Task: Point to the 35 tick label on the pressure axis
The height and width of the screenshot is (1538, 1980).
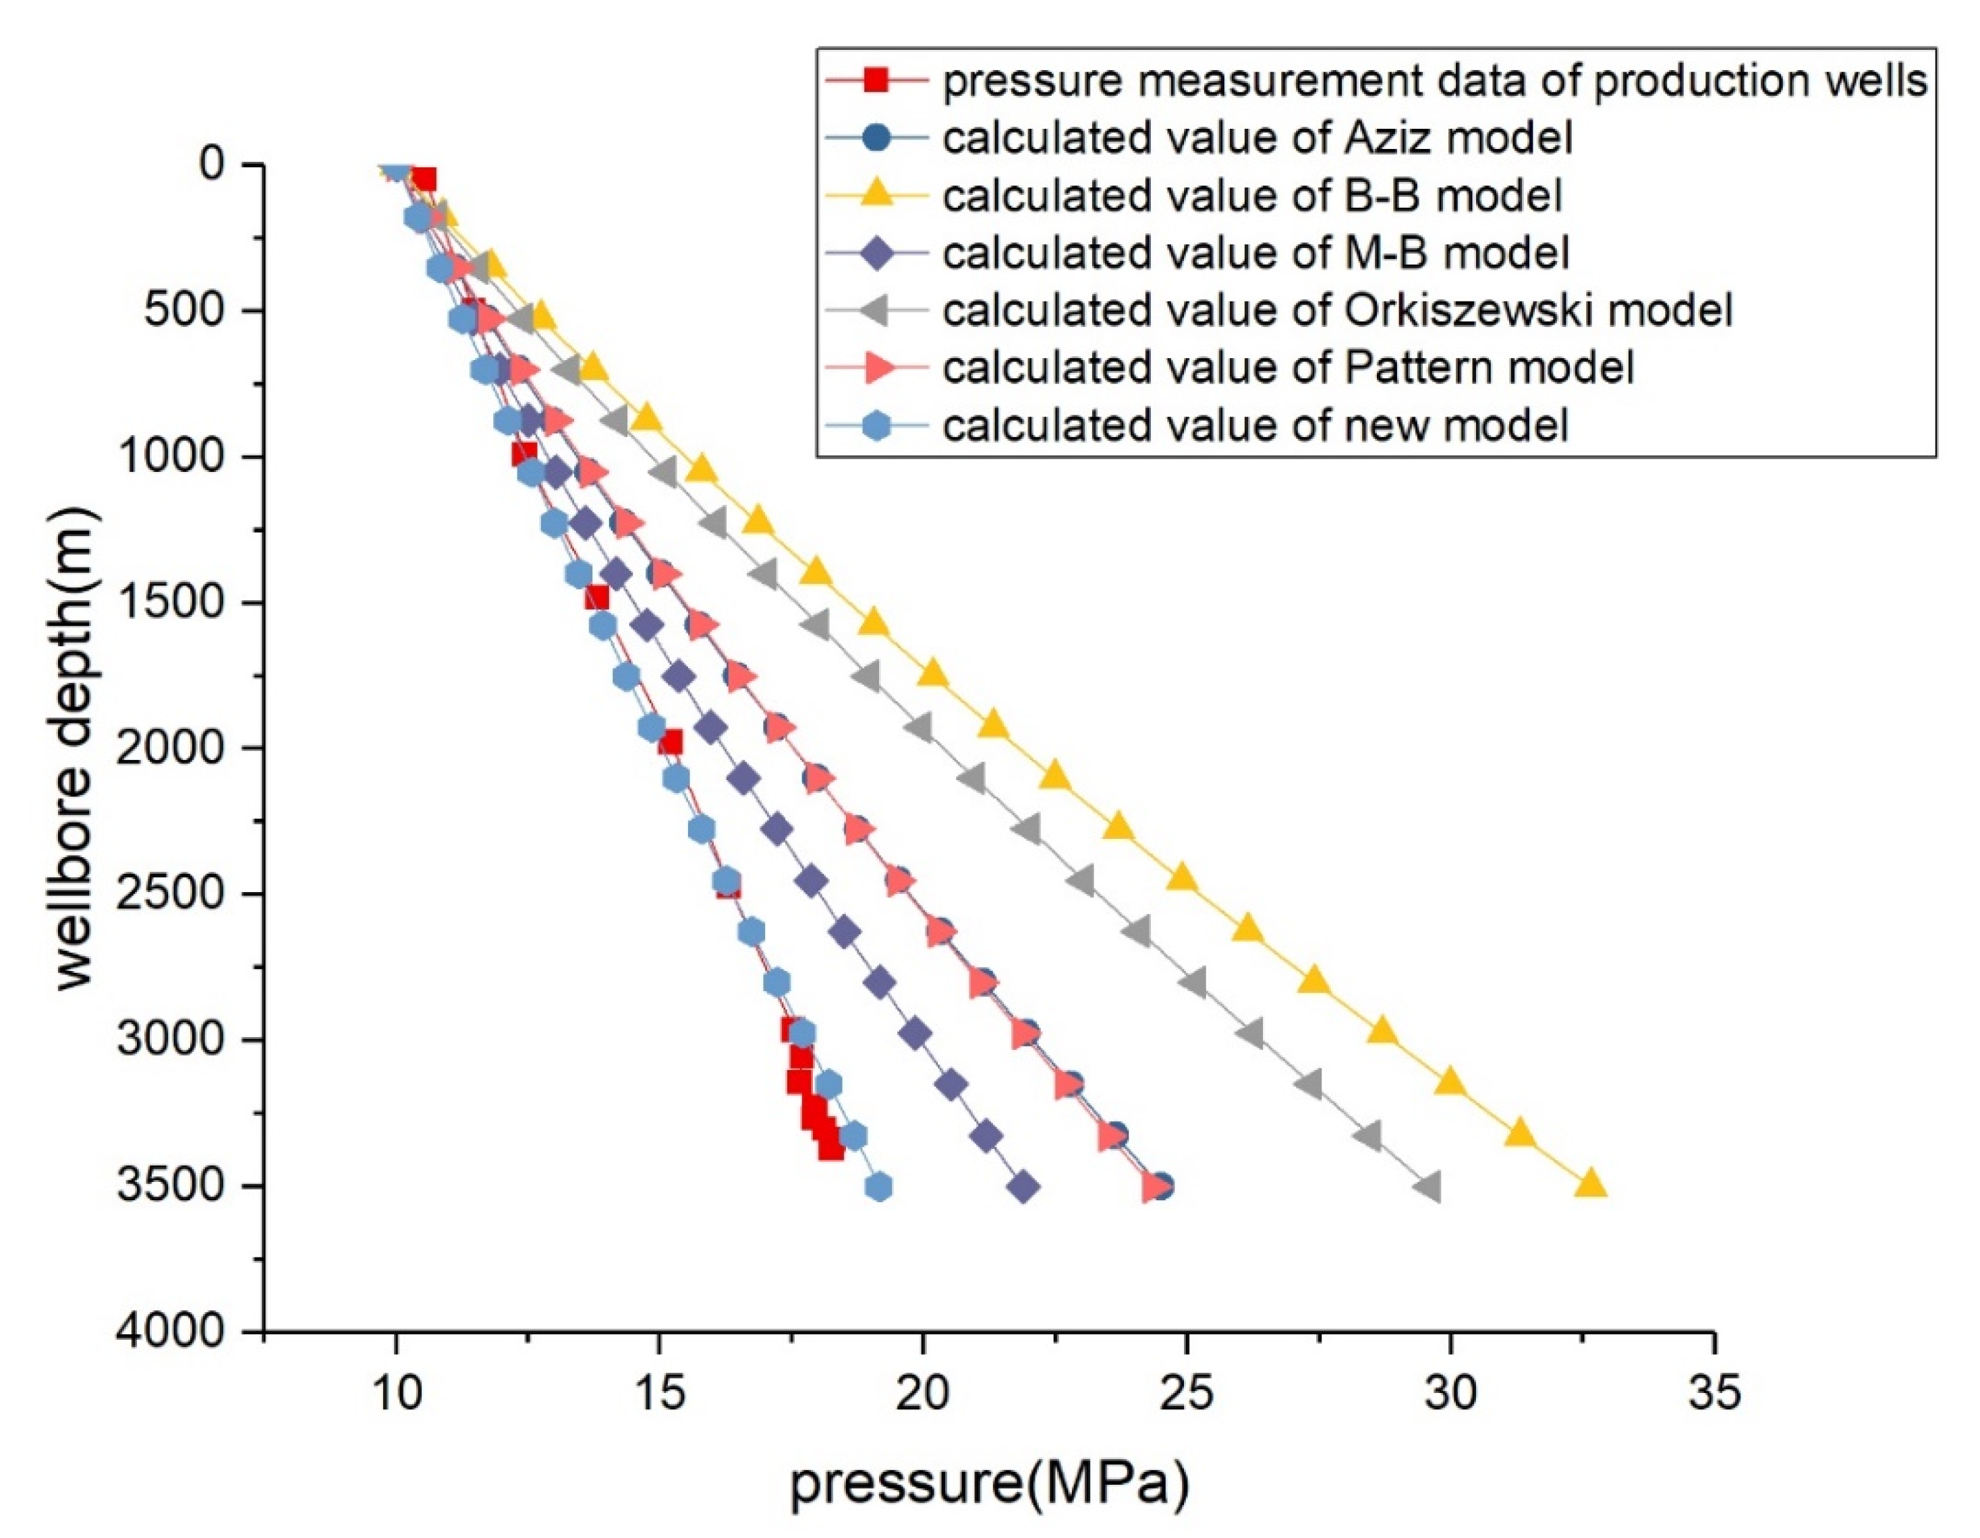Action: coord(1714,1391)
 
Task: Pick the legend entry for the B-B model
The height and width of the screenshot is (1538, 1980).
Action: coord(1251,196)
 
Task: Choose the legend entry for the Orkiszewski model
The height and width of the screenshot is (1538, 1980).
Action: coord(1337,310)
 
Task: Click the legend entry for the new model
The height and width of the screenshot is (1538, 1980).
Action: coord(1255,425)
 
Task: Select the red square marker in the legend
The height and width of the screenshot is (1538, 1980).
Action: coord(875,81)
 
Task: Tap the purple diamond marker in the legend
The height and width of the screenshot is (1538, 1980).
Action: coord(875,253)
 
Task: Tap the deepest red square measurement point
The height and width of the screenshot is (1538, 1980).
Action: coord(831,1149)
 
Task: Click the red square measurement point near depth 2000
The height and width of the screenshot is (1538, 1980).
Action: coord(670,743)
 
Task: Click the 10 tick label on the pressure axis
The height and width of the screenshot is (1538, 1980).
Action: coord(395,1391)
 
